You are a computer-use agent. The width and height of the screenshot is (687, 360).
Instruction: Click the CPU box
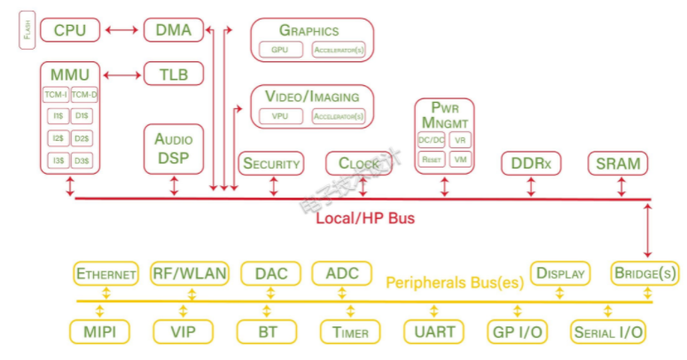[70, 30]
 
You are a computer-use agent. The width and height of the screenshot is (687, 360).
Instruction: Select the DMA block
[174, 30]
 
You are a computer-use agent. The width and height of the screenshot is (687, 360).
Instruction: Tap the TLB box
[174, 74]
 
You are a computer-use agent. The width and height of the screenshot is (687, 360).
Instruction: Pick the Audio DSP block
[174, 148]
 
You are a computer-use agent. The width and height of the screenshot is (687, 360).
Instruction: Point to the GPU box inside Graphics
[279, 51]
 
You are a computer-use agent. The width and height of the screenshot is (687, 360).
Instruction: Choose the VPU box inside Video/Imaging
[279, 116]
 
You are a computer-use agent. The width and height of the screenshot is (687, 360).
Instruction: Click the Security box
[271, 163]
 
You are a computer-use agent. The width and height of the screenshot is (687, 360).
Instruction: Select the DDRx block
[531, 164]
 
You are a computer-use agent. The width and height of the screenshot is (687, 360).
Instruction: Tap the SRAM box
[618, 164]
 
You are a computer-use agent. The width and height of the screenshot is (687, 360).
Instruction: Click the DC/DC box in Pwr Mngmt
[431, 140]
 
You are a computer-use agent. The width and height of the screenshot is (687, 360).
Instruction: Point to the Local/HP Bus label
[365, 217]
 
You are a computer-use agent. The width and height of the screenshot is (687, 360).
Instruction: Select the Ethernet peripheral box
[106, 273]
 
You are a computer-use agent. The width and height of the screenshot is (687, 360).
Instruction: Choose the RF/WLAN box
[189, 273]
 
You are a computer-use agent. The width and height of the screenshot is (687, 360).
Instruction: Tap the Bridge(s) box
[644, 273]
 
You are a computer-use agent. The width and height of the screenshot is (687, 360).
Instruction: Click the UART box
[433, 333]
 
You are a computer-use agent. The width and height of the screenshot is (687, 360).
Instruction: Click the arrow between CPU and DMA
[121, 30]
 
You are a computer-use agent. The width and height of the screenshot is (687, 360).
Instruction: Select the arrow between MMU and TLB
[122, 74]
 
